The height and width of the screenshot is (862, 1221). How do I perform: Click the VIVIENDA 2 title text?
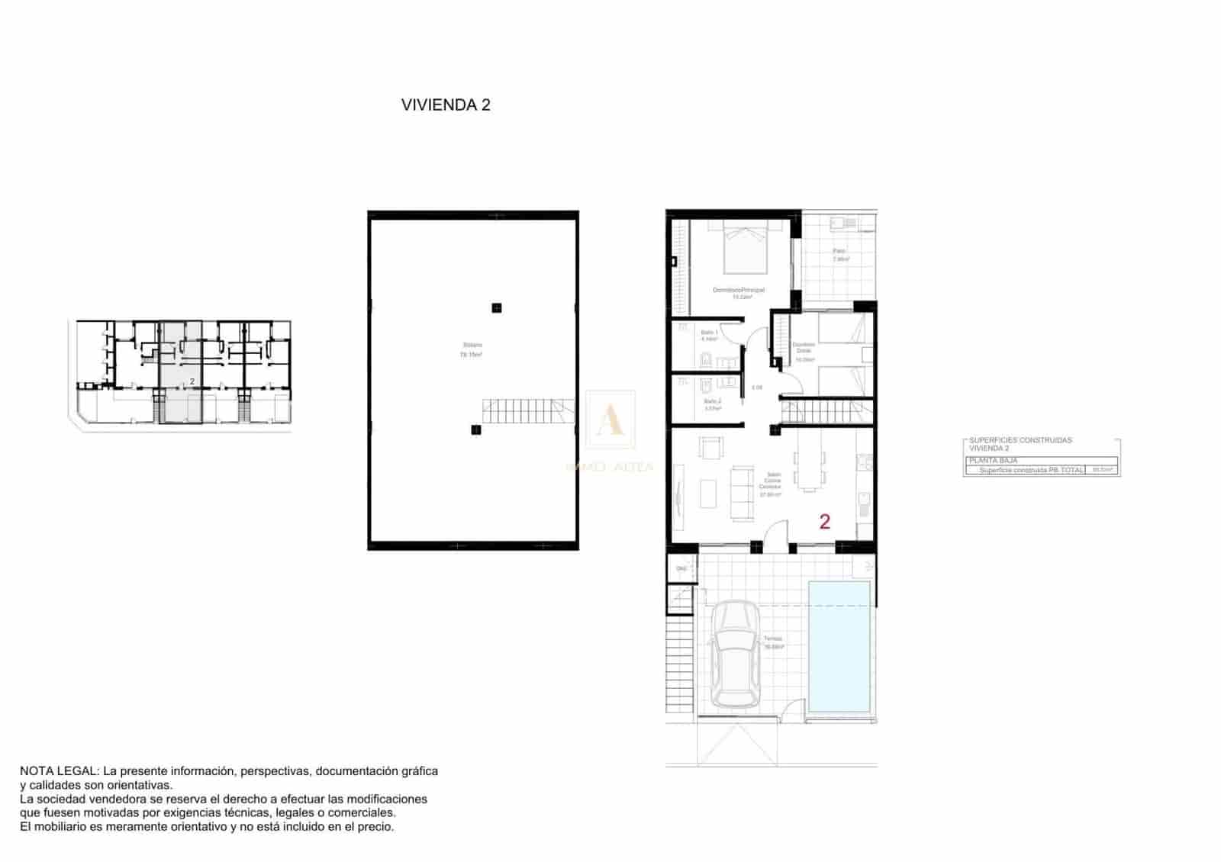click(x=446, y=105)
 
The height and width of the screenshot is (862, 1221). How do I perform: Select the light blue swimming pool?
click(x=839, y=647)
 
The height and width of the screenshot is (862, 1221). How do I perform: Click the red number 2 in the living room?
click(x=824, y=522)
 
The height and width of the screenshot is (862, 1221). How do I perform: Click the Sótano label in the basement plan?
click(x=472, y=346)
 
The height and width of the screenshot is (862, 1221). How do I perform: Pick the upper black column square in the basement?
click(x=496, y=308)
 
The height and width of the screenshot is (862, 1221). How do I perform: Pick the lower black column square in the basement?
click(x=476, y=430)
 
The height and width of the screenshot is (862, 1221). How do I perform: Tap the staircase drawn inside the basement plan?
click(x=527, y=411)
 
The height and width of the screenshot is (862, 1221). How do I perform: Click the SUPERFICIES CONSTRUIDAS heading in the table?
click(x=1020, y=440)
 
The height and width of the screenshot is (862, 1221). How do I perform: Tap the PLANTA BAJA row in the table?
click(x=993, y=461)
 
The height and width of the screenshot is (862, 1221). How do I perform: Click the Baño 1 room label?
click(x=710, y=333)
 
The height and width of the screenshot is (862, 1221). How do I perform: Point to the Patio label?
click(x=839, y=251)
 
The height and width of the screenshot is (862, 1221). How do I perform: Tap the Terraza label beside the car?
click(x=773, y=639)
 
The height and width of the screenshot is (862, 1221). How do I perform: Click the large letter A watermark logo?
click(x=610, y=420)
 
